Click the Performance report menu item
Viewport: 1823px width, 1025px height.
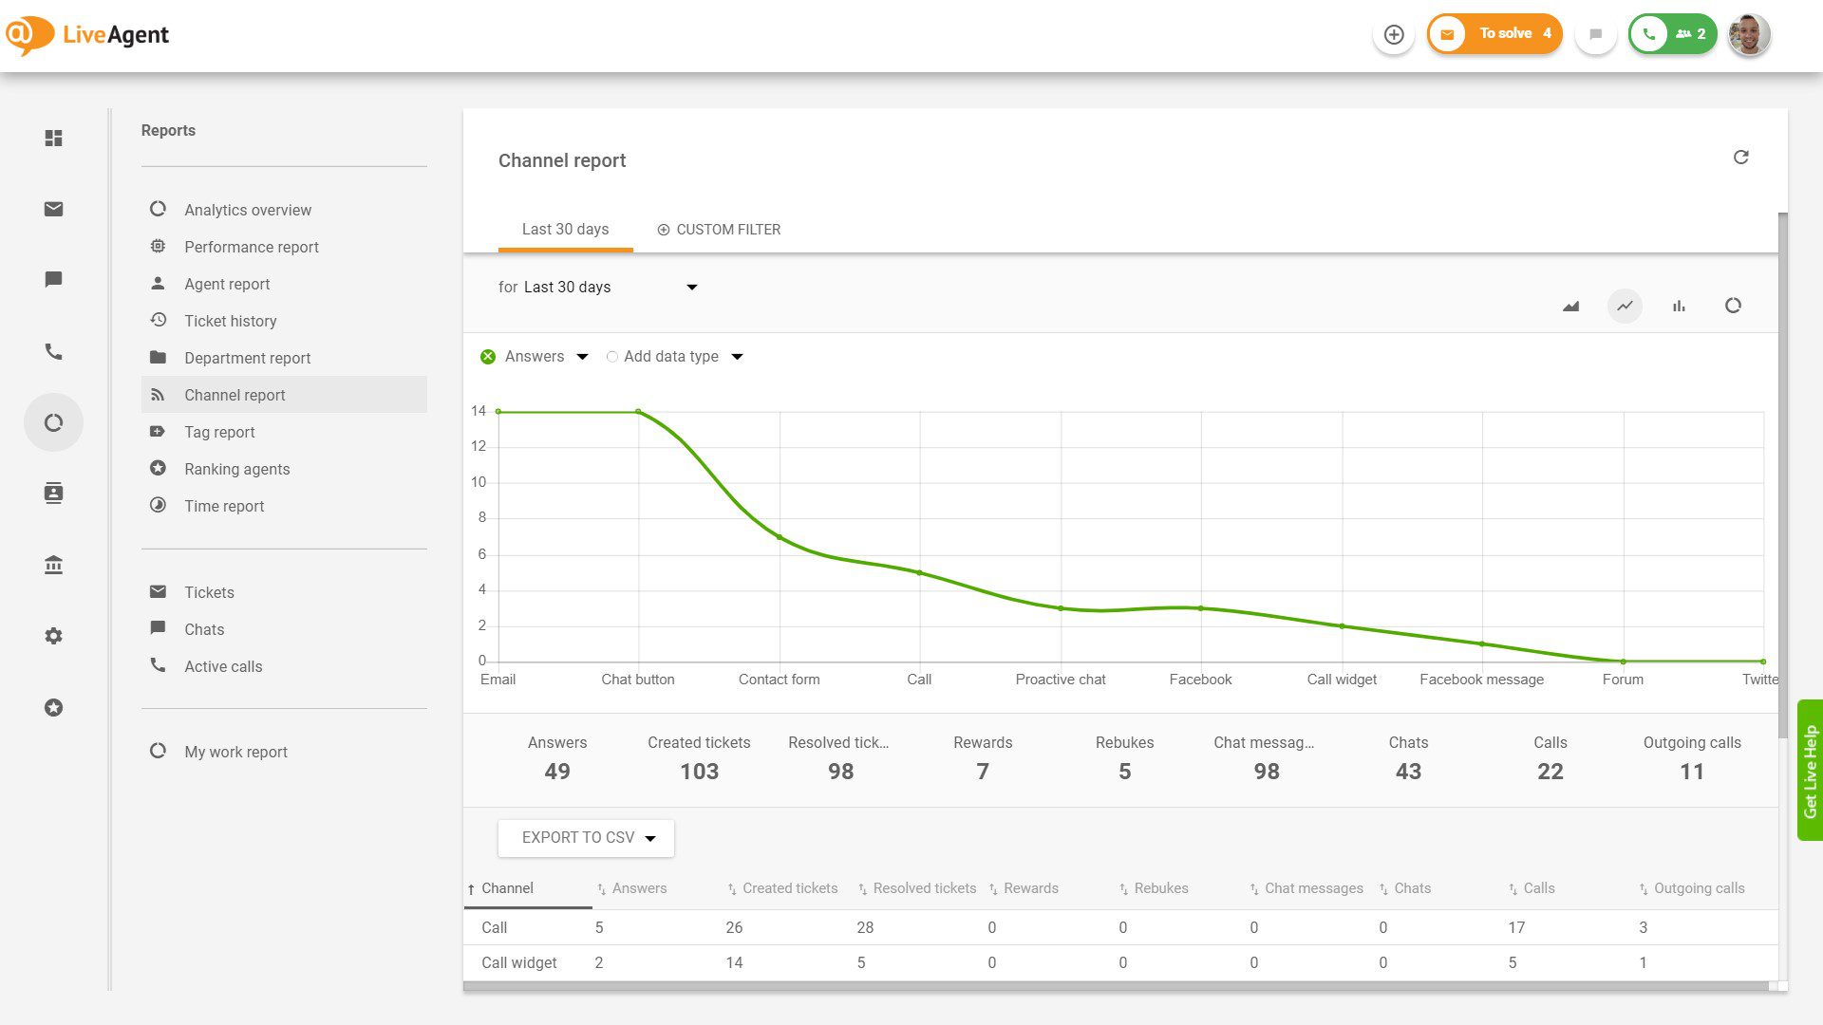(251, 247)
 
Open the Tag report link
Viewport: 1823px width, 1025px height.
(219, 432)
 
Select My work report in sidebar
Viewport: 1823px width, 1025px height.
(235, 752)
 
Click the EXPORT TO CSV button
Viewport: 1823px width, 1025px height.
(586, 838)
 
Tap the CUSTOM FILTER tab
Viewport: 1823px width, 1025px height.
(719, 230)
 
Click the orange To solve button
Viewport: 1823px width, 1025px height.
(1494, 34)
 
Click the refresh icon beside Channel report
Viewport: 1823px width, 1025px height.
(1740, 158)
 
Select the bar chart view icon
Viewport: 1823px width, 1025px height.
(1679, 306)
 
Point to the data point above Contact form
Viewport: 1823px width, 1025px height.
(780, 537)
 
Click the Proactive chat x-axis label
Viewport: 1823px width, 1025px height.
(1060, 680)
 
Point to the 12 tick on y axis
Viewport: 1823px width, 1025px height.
(479, 446)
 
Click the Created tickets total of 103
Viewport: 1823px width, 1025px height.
(699, 772)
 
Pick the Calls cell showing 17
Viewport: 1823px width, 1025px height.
(1516, 927)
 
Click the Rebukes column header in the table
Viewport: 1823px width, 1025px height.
(1160, 888)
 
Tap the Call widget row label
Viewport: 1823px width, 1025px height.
(518, 962)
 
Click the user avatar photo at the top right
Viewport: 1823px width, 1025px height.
(1748, 35)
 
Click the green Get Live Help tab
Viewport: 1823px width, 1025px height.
(1810, 771)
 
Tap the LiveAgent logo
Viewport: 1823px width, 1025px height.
(87, 35)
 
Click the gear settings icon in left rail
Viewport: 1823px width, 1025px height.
(54, 636)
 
